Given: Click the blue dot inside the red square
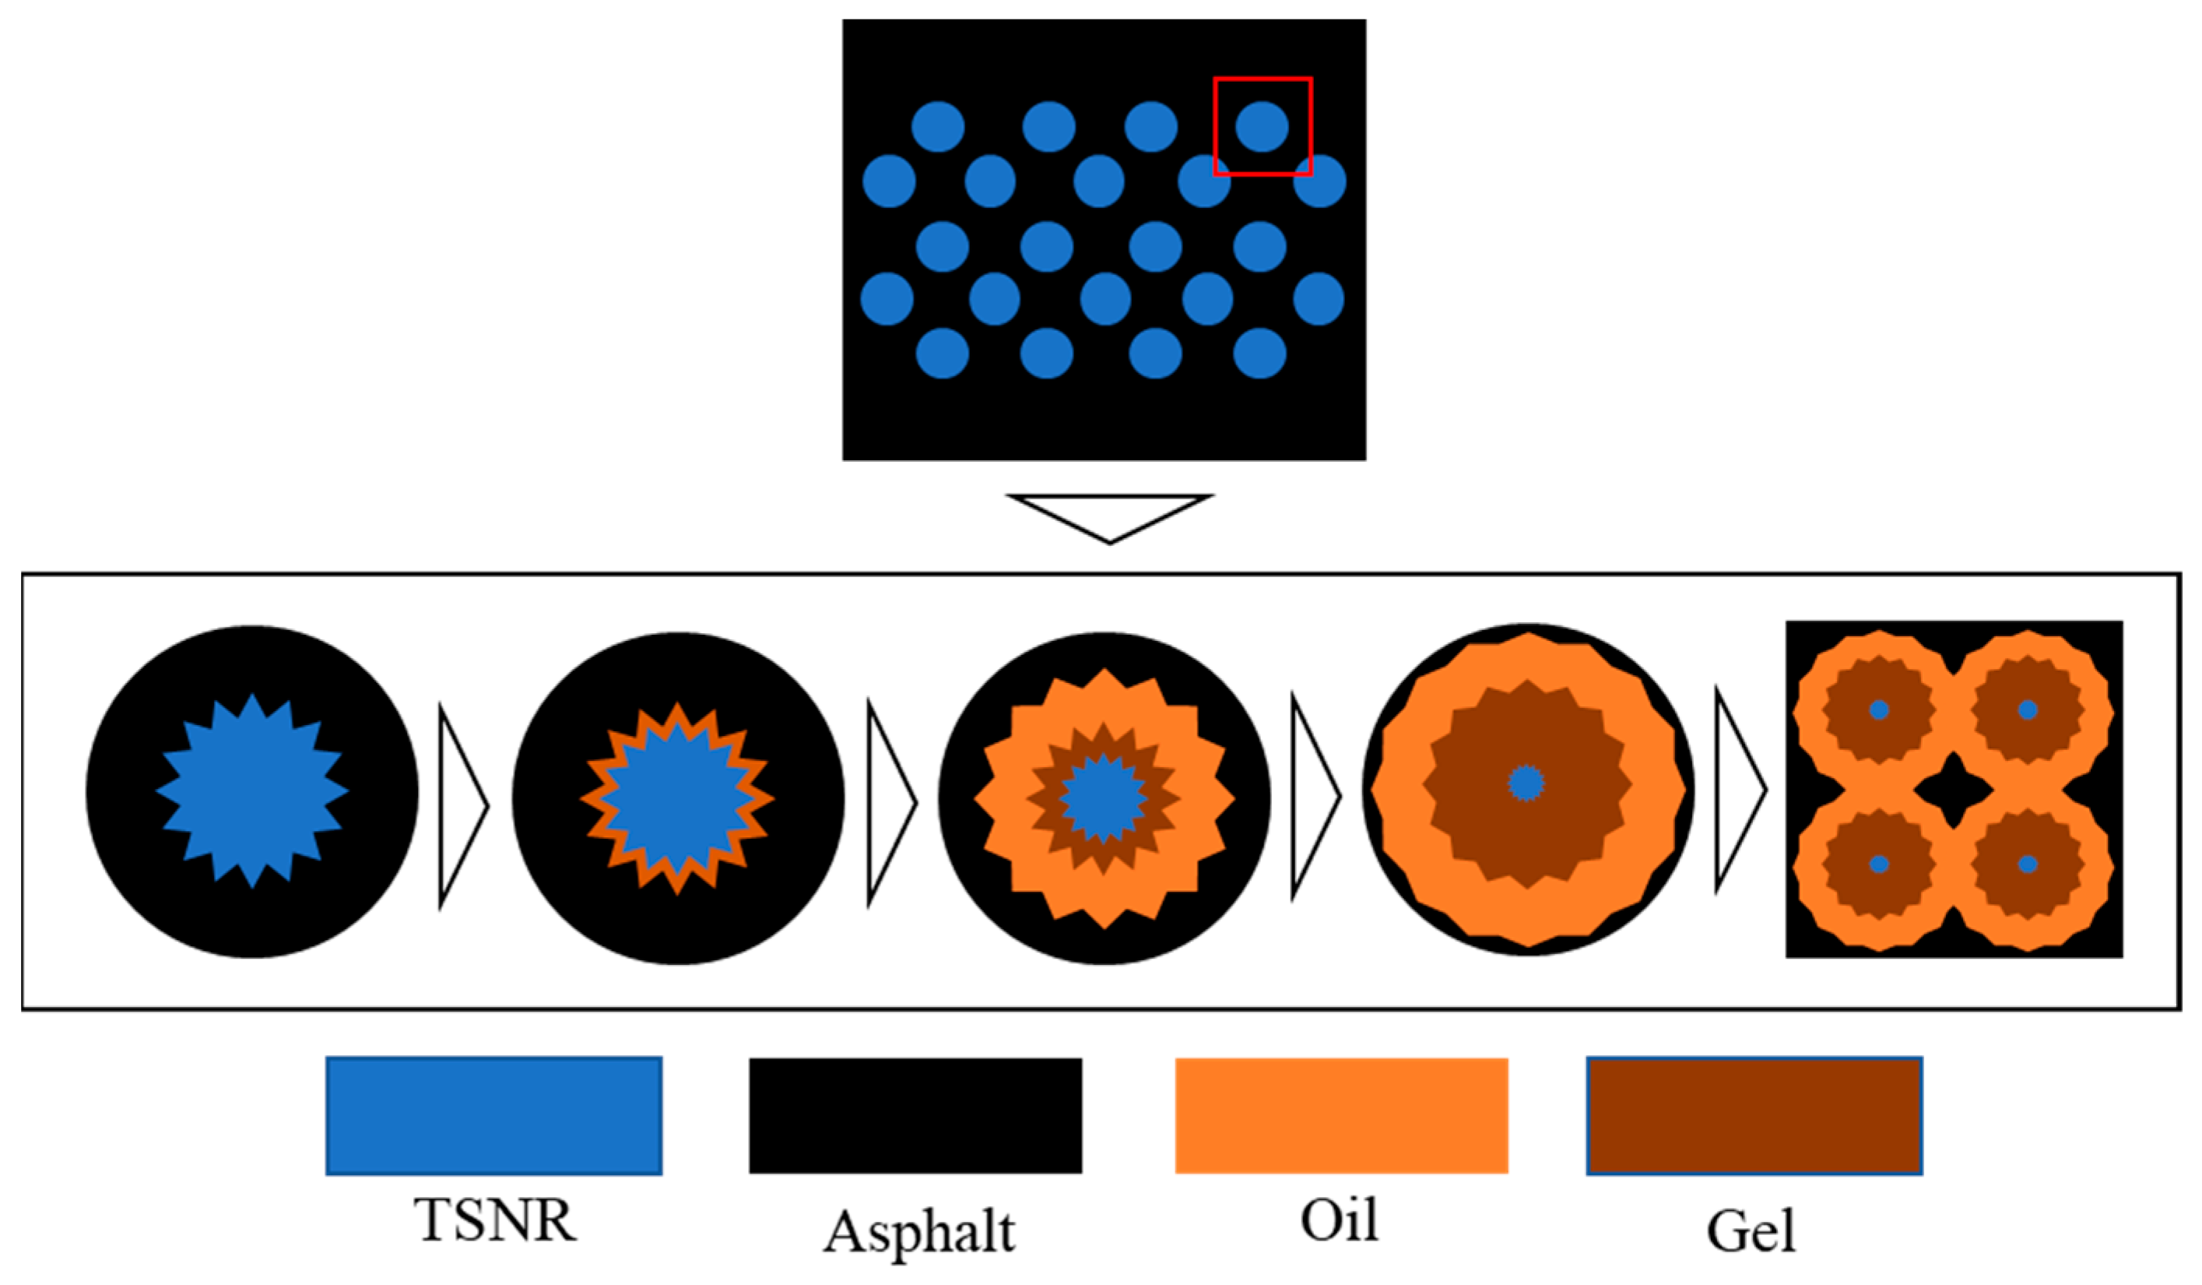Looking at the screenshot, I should coord(1261,126).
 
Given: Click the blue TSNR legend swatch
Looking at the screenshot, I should coord(493,1116).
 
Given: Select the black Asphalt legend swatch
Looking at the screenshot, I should coord(915,1116).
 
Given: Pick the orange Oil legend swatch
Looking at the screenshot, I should coord(1341,1116).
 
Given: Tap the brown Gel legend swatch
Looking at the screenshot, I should coord(1754,1116).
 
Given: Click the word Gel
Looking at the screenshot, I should coord(1751,1230).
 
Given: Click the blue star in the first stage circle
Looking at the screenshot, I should coord(252,791).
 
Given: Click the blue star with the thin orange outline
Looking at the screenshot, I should coord(677,798).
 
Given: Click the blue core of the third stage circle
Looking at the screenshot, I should coord(1104,798).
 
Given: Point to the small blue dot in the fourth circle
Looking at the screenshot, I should coord(1526,783).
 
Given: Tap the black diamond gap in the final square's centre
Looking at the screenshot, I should coord(1953,790).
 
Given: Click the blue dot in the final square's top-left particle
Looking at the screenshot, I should coord(1879,709).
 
